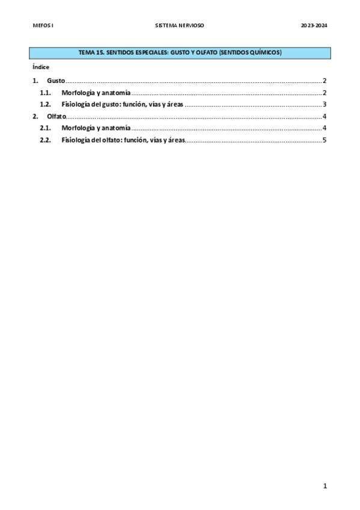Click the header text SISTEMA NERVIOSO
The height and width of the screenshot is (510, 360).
(180, 26)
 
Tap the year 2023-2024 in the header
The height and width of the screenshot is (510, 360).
(314, 26)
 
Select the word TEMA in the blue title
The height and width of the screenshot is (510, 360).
(87, 54)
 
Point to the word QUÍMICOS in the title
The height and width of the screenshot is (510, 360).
(264, 54)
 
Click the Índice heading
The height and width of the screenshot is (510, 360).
(41, 67)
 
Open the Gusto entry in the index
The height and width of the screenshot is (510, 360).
(56, 81)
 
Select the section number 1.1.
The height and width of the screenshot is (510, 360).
(45, 93)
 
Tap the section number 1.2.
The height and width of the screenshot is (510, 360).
(45, 105)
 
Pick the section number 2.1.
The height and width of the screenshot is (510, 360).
(45, 128)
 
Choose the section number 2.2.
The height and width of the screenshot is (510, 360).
(45, 140)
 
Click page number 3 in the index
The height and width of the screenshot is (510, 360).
(324, 105)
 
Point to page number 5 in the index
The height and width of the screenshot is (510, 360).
(324, 140)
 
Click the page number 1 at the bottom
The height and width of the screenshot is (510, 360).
(324, 486)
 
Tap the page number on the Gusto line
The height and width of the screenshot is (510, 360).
(324, 81)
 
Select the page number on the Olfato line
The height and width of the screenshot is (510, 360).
(324, 116)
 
